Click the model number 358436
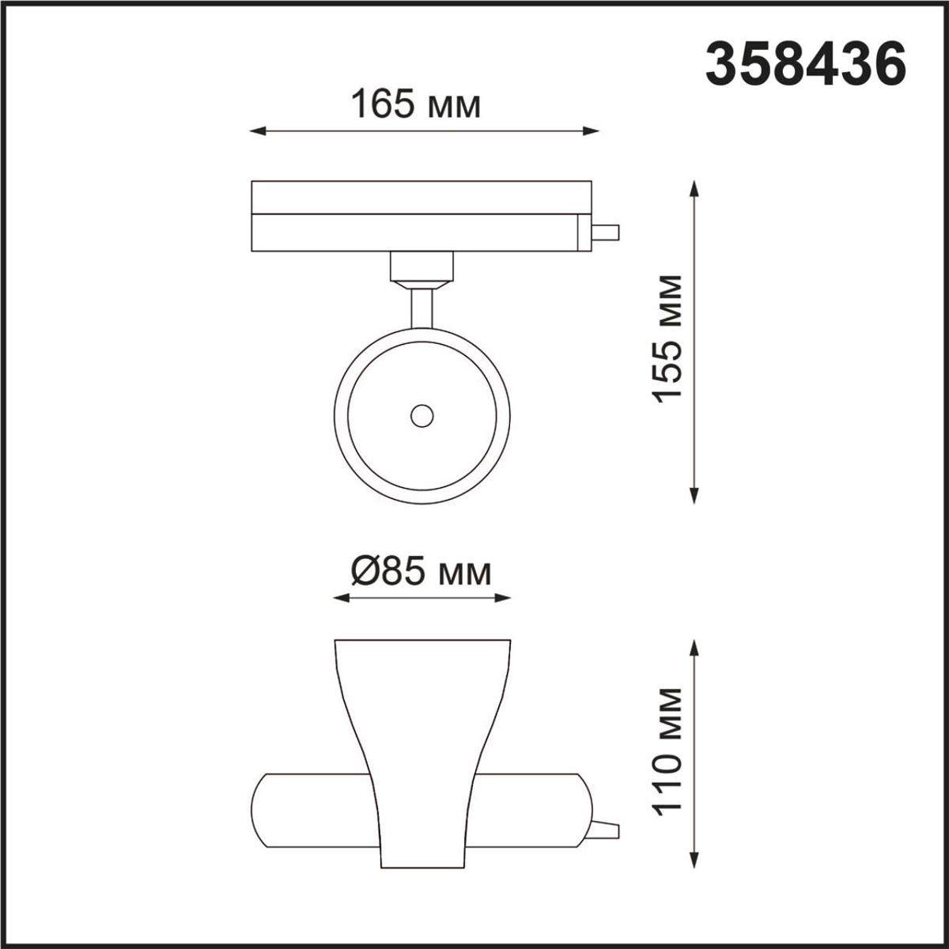click(805, 64)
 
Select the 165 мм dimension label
click(415, 104)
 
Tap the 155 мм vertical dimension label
click(669, 338)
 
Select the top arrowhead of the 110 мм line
click(694, 647)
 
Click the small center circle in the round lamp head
click(422, 415)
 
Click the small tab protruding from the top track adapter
click(607, 233)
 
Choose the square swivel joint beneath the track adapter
click(422, 267)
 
